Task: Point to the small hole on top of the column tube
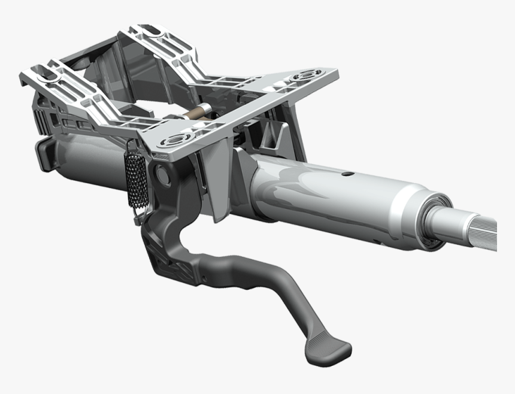tap(345, 174)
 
